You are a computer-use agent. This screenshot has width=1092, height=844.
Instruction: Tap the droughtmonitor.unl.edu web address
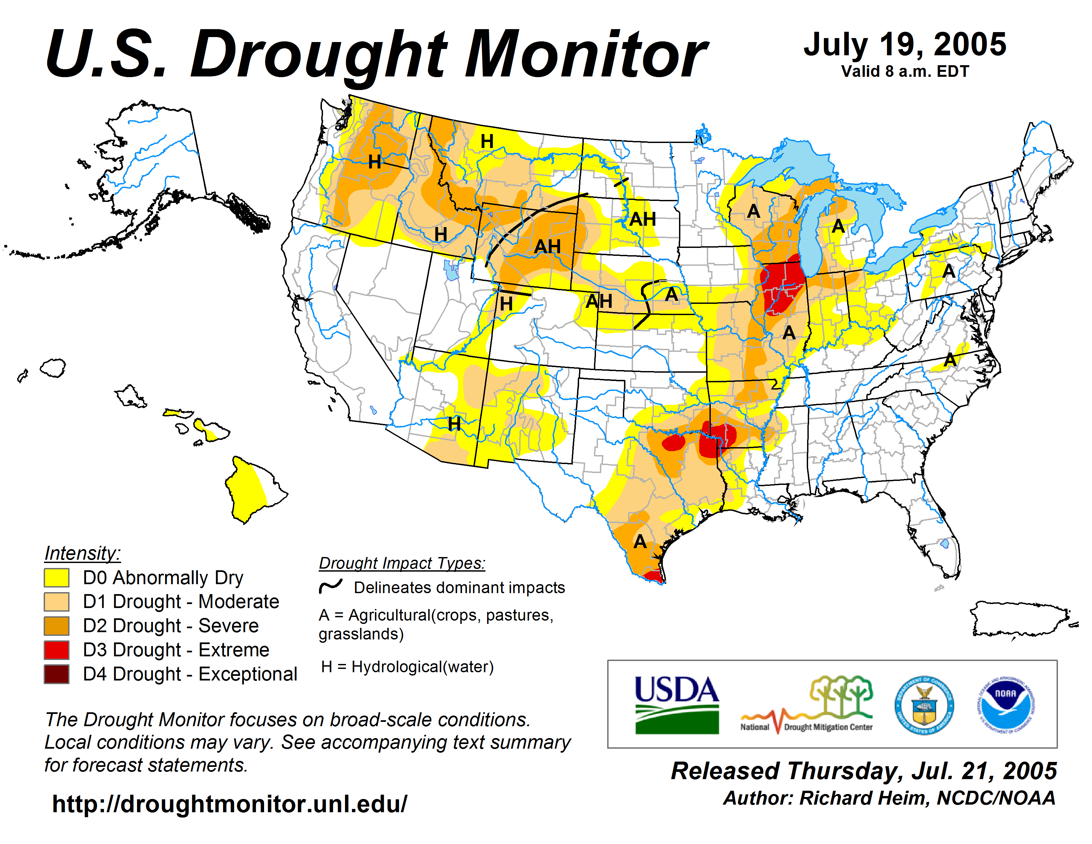tap(230, 804)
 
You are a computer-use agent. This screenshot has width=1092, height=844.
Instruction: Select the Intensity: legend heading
tap(82, 553)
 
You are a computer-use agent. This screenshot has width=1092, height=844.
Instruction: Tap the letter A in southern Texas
tap(640, 541)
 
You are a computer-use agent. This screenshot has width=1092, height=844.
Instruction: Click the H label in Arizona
tap(454, 424)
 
